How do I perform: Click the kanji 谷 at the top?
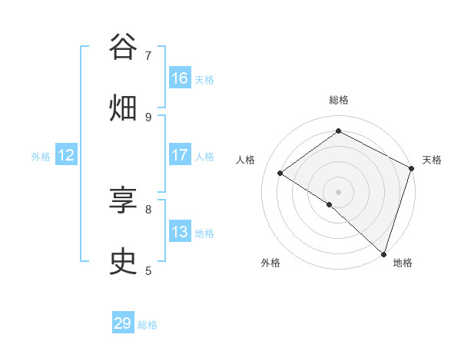point(124,47)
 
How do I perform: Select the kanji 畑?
point(124,108)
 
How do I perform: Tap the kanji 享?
point(124,200)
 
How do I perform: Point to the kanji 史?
point(124,262)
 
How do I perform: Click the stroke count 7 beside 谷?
point(148,55)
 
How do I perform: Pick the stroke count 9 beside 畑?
point(148,117)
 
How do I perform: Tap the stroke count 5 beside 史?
point(148,270)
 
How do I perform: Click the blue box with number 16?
point(180,78)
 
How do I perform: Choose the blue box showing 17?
point(180,155)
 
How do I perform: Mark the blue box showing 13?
point(180,232)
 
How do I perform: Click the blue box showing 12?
point(66,155)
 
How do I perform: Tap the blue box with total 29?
point(123,323)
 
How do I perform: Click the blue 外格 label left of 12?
point(41,157)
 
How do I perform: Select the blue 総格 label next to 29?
point(148,325)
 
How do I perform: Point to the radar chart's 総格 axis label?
point(338,100)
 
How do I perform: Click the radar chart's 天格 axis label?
point(432,160)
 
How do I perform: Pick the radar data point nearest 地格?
point(383,253)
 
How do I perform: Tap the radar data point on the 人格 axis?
point(280,173)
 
